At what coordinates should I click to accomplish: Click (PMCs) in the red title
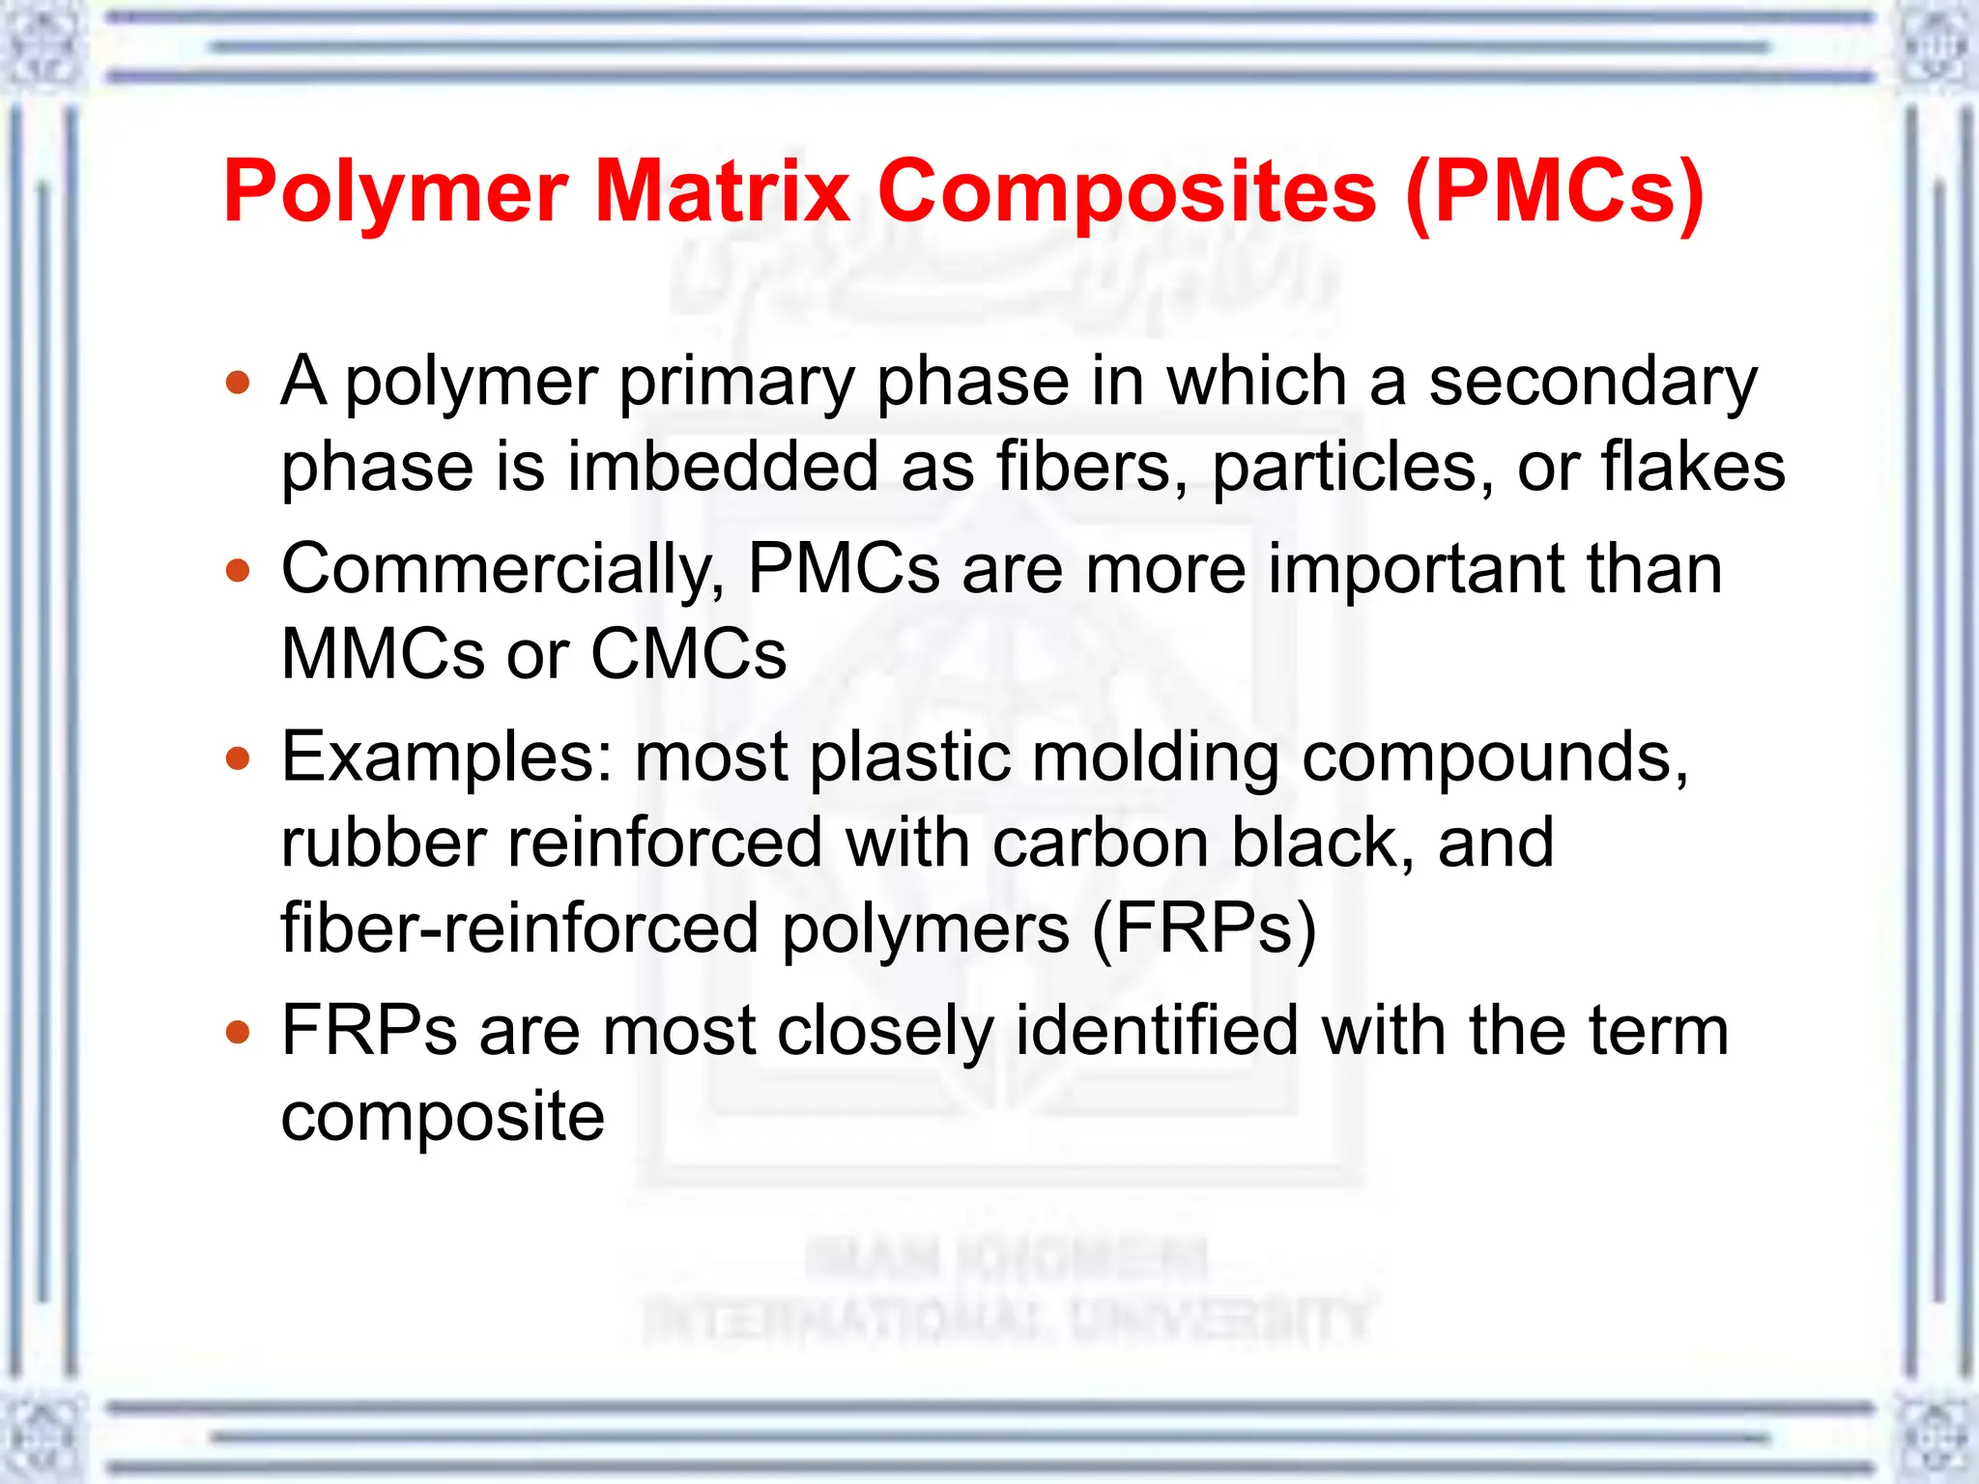coord(1554,191)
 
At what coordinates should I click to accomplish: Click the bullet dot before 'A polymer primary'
coord(238,383)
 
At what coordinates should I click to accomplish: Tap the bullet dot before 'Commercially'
coord(238,570)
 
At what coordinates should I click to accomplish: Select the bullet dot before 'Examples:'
coord(238,758)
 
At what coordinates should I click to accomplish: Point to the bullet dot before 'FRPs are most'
coord(238,1033)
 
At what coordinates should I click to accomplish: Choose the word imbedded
coord(722,467)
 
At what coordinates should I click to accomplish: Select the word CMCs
coord(688,654)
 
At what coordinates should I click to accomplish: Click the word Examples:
coord(446,758)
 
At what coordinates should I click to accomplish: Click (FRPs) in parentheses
coord(1204,928)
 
